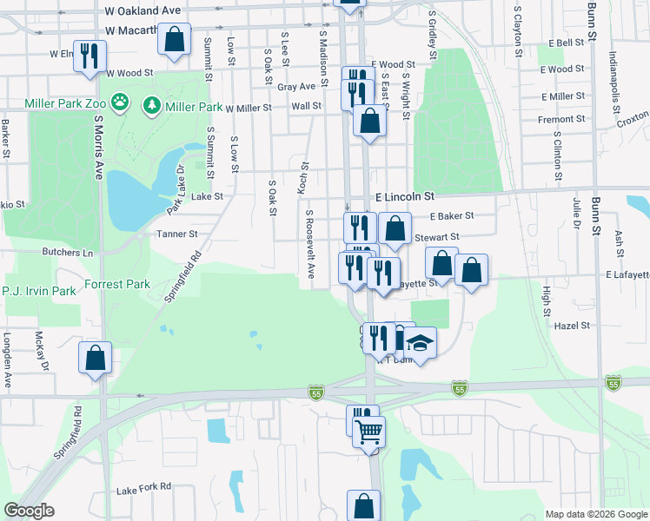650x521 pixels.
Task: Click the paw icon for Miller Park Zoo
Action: pyautogui.click(x=119, y=106)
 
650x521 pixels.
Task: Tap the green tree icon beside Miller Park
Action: pyautogui.click(x=152, y=106)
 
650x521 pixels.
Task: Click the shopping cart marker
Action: pyautogui.click(x=368, y=430)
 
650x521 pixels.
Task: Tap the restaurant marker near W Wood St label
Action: pyautogui.click(x=90, y=56)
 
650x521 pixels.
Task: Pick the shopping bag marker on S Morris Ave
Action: pyautogui.click(x=96, y=357)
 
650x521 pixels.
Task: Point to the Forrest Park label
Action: pyautogui.click(x=117, y=284)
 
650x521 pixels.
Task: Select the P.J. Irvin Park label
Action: pyautogui.click(x=39, y=291)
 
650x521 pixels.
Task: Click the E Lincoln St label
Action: pyautogui.click(x=404, y=198)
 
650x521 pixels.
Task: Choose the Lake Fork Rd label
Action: pyautogui.click(x=143, y=487)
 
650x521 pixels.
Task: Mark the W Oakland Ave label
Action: pyautogui.click(x=142, y=10)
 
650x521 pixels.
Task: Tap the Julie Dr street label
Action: pyautogui.click(x=575, y=213)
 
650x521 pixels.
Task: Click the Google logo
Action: pyautogui.click(x=29, y=511)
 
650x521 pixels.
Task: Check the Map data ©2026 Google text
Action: pyautogui.click(x=596, y=514)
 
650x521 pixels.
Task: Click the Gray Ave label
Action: pyautogui.click(x=295, y=87)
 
